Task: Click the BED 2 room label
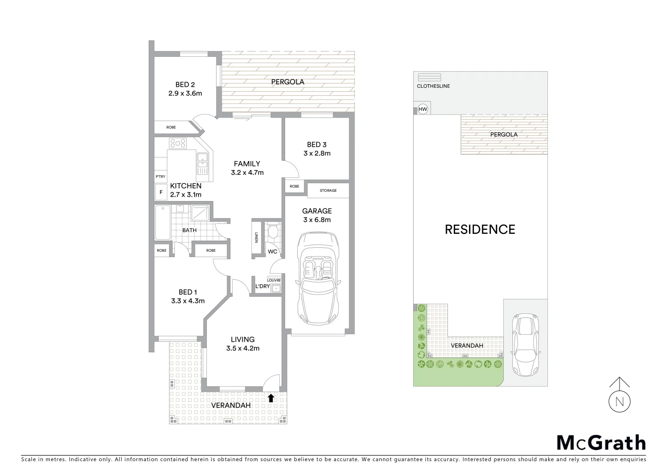185,84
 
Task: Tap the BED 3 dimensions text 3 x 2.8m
317,153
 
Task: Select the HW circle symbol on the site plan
422,109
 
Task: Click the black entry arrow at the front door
271,398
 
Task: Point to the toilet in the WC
273,231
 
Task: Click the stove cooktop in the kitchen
178,143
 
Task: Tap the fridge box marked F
161,192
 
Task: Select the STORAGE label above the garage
328,191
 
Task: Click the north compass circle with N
619,401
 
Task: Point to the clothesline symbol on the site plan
429,77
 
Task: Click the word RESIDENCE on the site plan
480,229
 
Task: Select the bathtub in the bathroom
162,222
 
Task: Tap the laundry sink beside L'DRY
276,288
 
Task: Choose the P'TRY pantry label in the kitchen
160,177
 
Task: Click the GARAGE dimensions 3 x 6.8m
317,220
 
